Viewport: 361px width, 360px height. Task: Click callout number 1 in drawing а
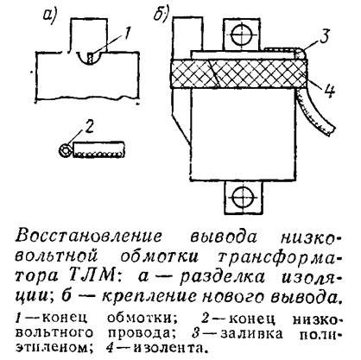pyautogui.click(x=127, y=35)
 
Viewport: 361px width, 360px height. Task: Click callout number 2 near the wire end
pyautogui.click(x=90, y=127)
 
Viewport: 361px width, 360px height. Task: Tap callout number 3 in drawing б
pyautogui.click(x=325, y=36)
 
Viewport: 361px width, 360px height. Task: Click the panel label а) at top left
pyautogui.click(x=50, y=15)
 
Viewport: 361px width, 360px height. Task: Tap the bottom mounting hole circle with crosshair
pyautogui.click(x=244, y=198)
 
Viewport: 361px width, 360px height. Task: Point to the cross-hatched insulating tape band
pyautogui.click(x=239, y=73)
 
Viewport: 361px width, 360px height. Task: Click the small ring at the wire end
pyautogui.click(x=65, y=151)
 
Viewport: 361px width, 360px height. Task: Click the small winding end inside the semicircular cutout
pyautogui.click(x=91, y=58)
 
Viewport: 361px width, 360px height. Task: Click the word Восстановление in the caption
pyautogui.click(x=89, y=237)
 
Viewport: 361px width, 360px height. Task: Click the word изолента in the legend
pyautogui.click(x=170, y=349)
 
